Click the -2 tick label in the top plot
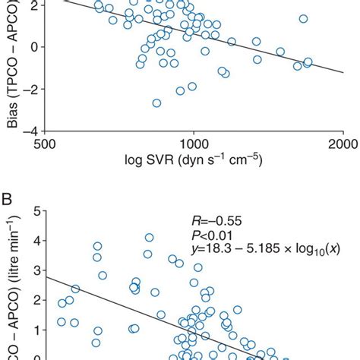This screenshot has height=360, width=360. click(x=30, y=88)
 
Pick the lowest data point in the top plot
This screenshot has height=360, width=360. click(x=156, y=103)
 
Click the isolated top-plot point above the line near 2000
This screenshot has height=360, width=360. click(x=303, y=19)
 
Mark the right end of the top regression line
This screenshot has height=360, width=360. click(x=343, y=74)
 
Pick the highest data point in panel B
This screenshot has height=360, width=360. click(x=150, y=238)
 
